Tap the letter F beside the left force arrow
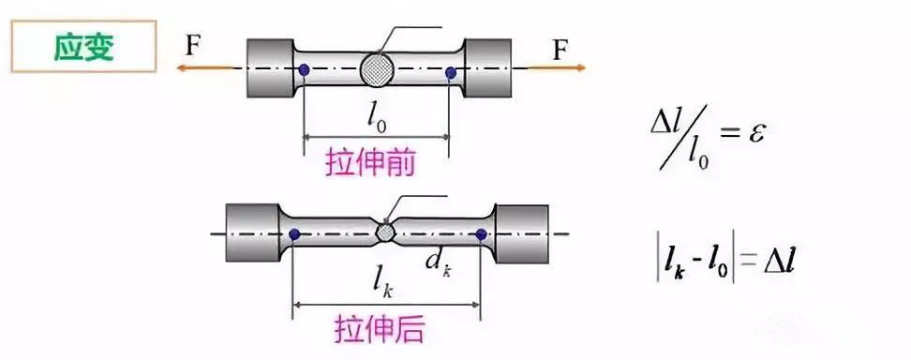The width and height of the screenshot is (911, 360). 192,47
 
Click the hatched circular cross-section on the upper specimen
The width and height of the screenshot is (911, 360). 378,70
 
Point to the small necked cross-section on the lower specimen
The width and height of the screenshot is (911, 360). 384,232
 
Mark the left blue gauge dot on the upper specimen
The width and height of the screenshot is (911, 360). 305,69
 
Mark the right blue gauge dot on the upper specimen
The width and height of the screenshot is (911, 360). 451,72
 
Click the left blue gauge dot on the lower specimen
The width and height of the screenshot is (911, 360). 294,233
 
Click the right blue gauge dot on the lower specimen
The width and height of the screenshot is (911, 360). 481,234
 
